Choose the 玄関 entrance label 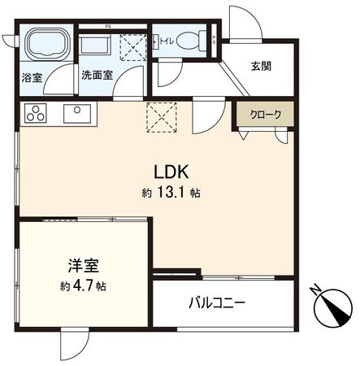pos(260,67)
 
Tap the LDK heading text pos(172,172)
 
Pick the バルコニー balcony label pos(218,303)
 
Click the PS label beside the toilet pos(214,39)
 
